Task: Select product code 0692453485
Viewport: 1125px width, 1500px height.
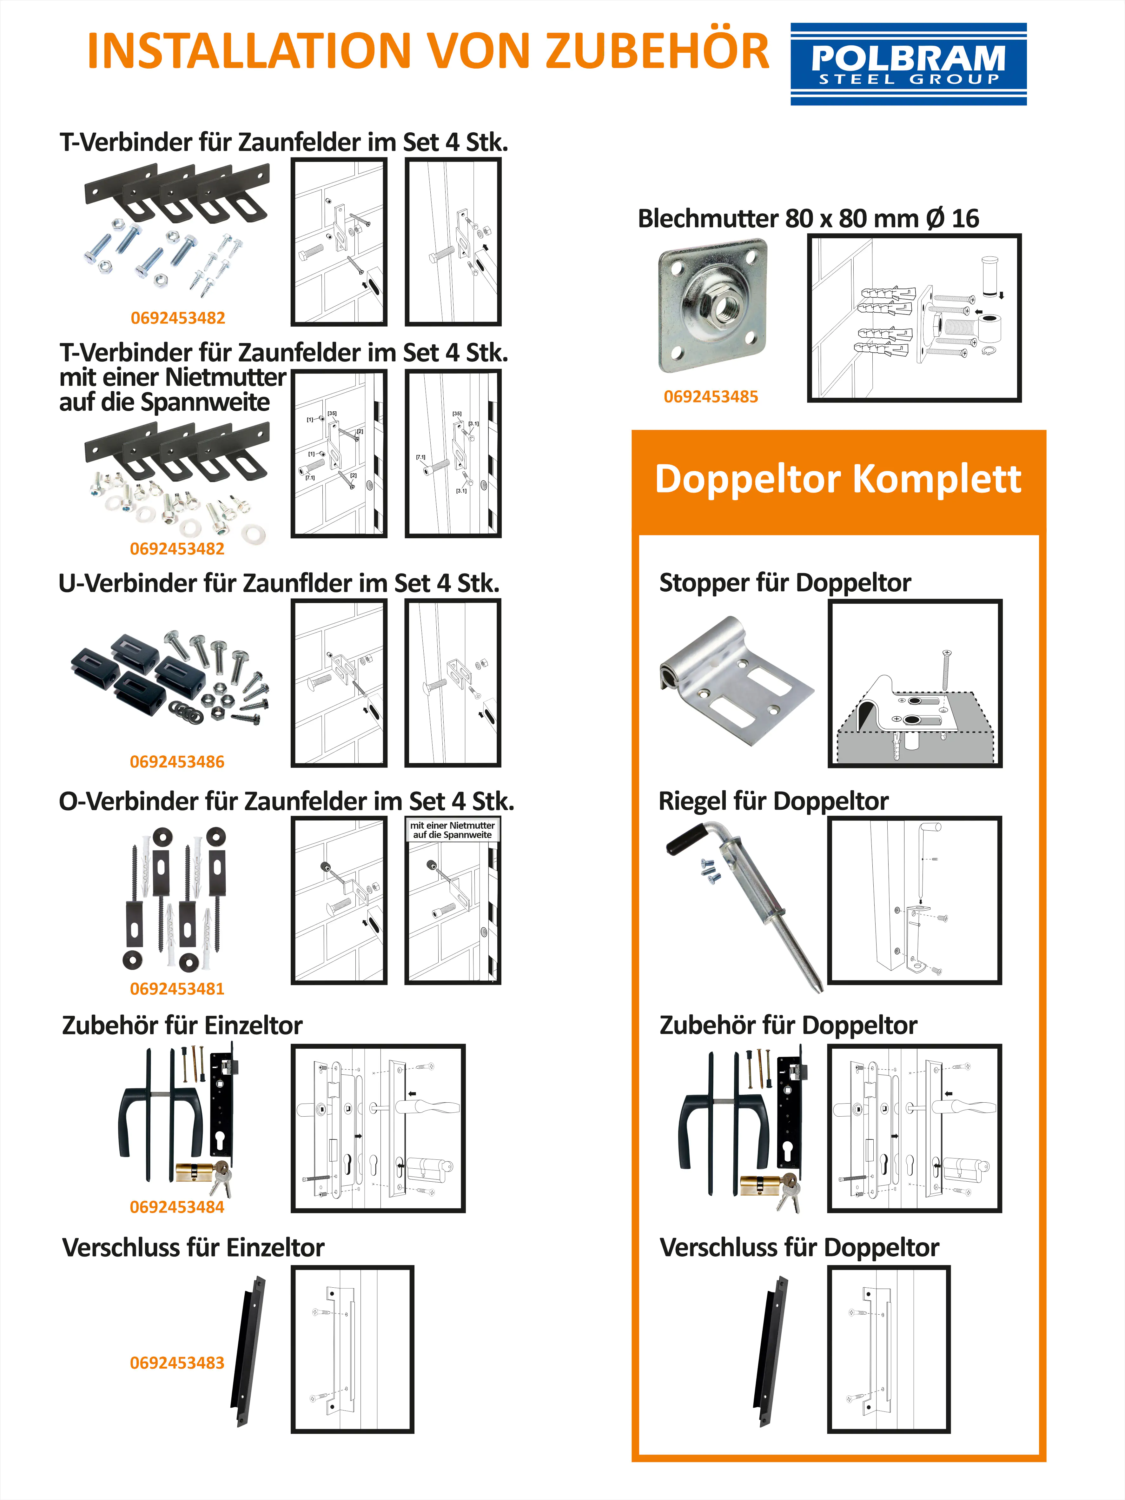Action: pyautogui.click(x=711, y=397)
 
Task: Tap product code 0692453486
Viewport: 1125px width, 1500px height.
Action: pyautogui.click(x=177, y=761)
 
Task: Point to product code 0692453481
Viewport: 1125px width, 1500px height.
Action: pyautogui.click(x=177, y=989)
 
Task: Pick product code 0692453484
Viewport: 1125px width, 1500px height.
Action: pyautogui.click(x=177, y=1207)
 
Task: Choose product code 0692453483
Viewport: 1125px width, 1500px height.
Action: pyautogui.click(x=177, y=1363)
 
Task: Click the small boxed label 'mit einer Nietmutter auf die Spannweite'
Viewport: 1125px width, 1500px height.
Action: pyautogui.click(x=452, y=830)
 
